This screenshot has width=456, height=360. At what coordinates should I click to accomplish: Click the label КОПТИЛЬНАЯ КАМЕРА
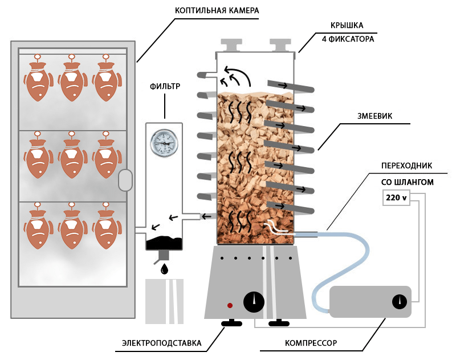(x=217, y=10)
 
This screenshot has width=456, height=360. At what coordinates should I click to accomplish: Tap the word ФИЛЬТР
(x=165, y=87)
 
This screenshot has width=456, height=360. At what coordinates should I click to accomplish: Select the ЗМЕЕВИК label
(x=374, y=116)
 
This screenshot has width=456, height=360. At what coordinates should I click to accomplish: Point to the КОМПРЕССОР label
(x=311, y=343)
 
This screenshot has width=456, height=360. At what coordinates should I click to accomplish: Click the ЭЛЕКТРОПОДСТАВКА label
(x=162, y=343)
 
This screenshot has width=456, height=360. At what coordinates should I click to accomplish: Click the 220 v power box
(x=396, y=197)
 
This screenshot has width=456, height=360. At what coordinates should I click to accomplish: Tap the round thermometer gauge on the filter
(x=164, y=143)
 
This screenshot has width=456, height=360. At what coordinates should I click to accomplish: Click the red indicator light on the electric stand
(x=230, y=305)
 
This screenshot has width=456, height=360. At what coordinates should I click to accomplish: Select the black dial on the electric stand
(x=254, y=302)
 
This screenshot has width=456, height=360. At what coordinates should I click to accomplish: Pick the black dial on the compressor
(x=400, y=302)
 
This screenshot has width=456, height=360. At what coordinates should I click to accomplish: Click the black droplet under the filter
(x=164, y=269)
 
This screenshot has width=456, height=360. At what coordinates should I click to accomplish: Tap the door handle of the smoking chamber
(x=125, y=180)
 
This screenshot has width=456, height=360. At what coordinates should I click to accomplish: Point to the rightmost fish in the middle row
(x=107, y=155)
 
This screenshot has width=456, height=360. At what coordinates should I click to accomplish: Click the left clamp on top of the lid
(x=231, y=45)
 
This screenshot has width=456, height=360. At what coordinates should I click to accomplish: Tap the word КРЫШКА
(x=347, y=26)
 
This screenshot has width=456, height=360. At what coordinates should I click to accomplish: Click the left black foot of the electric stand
(x=231, y=322)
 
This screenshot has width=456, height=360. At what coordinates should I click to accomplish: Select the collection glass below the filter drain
(x=164, y=301)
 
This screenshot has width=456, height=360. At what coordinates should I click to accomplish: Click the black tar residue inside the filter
(x=164, y=243)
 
